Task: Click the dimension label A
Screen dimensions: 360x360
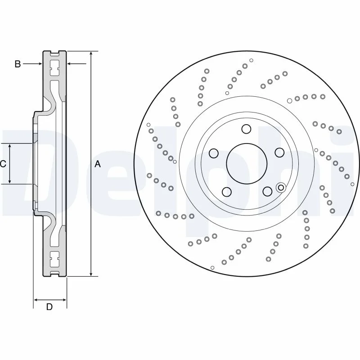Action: [98, 164]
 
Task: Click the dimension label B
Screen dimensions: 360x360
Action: [18, 64]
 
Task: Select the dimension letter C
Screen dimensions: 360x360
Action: [3, 164]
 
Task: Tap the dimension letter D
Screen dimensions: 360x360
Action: [49, 307]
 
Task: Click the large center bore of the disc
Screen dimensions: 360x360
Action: [247, 164]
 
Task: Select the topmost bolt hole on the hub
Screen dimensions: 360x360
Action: [246, 129]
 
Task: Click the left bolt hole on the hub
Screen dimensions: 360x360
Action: [214, 153]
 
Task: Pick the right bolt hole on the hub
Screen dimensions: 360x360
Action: [279, 153]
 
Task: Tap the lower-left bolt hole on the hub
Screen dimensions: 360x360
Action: [227, 192]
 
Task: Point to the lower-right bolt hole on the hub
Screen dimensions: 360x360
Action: [267, 191]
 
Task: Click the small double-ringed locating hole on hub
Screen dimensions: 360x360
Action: [281, 188]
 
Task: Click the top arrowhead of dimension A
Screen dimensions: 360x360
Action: [91, 53]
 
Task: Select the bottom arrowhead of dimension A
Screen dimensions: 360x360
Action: [91, 274]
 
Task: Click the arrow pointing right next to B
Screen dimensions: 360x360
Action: [32, 63]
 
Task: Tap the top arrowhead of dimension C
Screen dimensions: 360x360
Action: [9, 146]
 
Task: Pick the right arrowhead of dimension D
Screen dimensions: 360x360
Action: [64, 300]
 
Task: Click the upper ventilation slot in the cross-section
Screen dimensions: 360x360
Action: [54, 68]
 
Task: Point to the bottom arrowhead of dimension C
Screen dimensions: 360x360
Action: [9, 181]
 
